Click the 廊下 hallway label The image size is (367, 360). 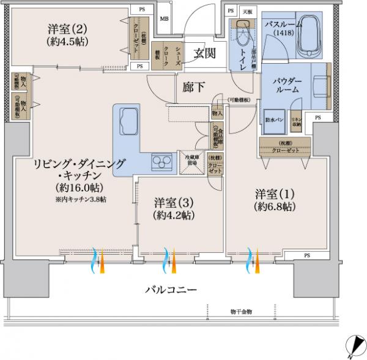[x=194, y=88]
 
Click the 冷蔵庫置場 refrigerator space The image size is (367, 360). [x=191, y=163]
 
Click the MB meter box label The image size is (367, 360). [x=164, y=19]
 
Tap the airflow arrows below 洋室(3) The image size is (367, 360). [x=168, y=261]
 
